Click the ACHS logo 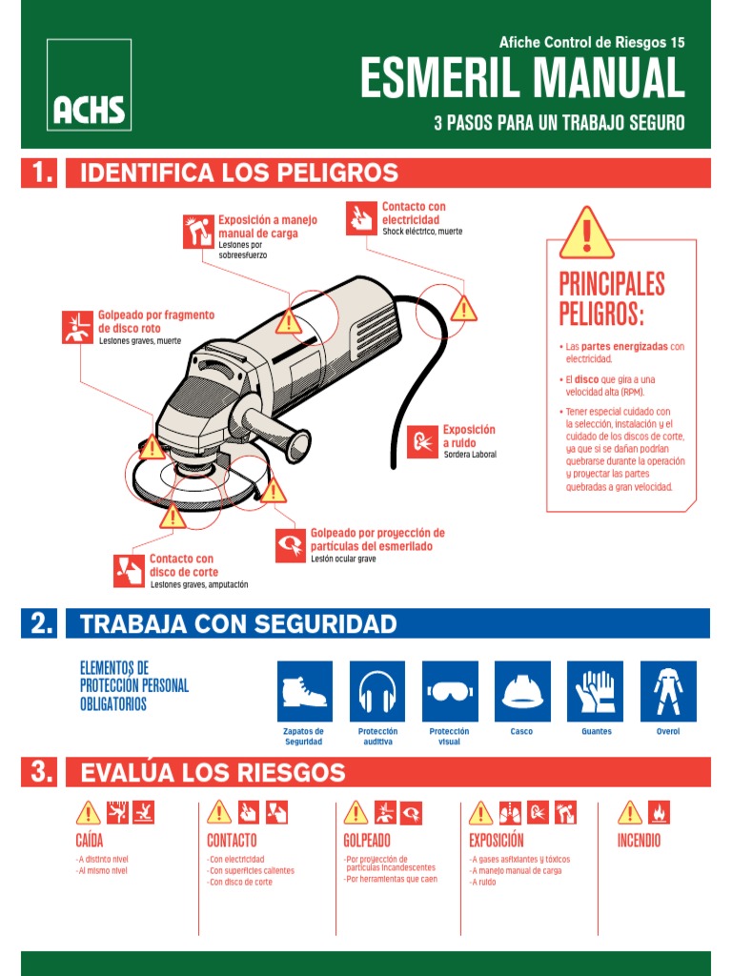click(89, 85)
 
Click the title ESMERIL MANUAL click(521, 79)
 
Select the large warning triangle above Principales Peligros click(586, 234)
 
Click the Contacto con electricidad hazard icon click(361, 217)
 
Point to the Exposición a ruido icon click(422, 441)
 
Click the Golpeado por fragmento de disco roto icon click(76, 326)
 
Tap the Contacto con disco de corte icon click(128, 569)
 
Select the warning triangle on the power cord click(464, 308)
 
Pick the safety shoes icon click(305, 691)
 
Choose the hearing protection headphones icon click(377, 691)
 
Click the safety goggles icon click(450, 691)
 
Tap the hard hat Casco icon click(522, 691)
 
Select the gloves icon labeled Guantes click(596, 691)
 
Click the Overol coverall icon click(668, 691)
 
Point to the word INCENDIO click(640, 841)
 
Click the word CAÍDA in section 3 click(90, 841)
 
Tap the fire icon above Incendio click(659, 812)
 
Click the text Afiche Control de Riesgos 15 click(592, 42)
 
